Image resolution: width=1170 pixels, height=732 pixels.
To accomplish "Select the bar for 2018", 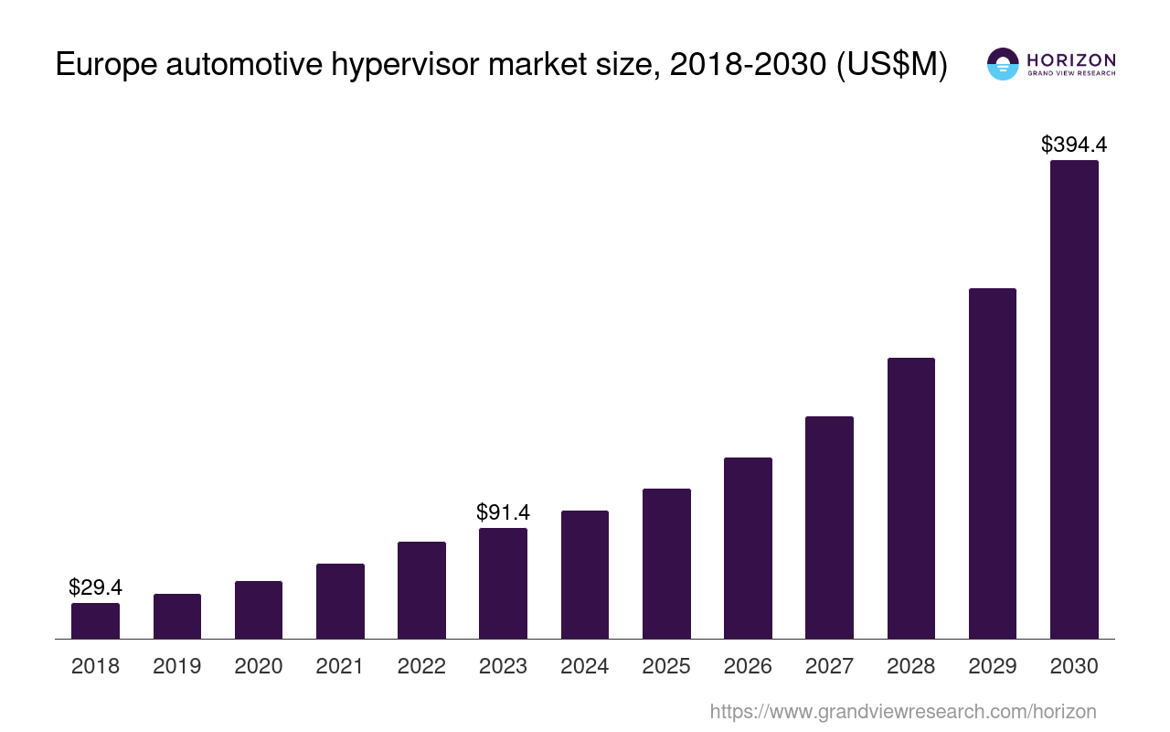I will pyautogui.click(x=95, y=620).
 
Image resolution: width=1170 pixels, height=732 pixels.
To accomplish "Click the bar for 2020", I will pyautogui.click(x=259, y=609).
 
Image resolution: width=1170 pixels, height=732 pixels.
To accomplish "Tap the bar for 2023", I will pyautogui.click(x=503, y=583).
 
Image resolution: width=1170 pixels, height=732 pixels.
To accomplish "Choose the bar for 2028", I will pyautogui.click(x=910, y=498).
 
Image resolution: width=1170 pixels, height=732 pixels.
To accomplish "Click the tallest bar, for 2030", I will pyautogui.click(x=1074, y=399).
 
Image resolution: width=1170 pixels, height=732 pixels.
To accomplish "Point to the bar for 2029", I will pyautogui.click(x=993, y=463).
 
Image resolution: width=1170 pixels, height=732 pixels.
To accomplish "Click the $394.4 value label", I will pyautogui.click(x=1074, y=145).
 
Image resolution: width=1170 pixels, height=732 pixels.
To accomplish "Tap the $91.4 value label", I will pyautogui.click(x=503, y=512).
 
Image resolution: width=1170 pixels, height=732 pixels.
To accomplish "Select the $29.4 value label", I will pyautogui.click(x=95, y=587).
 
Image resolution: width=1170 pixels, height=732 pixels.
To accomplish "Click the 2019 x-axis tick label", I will pyautogui.click(x=177, y=666).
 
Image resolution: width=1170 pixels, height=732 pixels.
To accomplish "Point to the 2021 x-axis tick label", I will pyautogui.click(x=340, y=666).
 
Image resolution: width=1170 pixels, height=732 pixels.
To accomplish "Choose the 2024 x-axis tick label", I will pyautogui.click(x=585, y=666).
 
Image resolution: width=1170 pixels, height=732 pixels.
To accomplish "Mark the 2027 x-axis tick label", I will pyautogui.click(x=829, y=666).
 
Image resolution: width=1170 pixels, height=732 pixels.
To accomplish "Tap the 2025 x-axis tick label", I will pyautogui.click(x=666, y=666).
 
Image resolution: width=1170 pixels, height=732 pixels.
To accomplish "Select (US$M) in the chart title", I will pyautogui.click(x=892, y=66).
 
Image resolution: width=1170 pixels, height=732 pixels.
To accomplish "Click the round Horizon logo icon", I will pyautogui.click(x=1003, y=64).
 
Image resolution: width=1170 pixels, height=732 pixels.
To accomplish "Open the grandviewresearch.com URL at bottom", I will pyautogui.click(x=903, y=711).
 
